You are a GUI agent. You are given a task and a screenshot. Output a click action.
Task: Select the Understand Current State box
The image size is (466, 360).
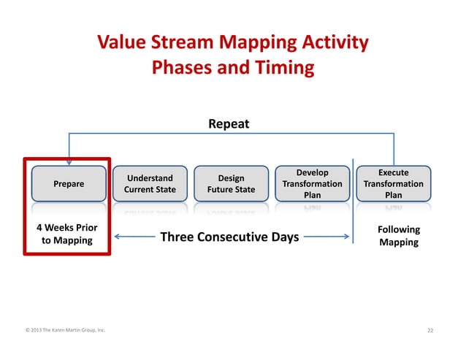coord(150,184)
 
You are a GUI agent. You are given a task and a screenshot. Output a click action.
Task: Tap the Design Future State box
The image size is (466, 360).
coord(232,184)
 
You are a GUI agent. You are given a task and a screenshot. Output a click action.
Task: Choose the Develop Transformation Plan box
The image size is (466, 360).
coord(313,184)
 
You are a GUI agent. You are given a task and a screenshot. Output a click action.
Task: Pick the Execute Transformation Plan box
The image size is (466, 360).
coord(394,184)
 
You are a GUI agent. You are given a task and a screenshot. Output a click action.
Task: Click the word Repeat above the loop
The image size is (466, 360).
coord(229,124)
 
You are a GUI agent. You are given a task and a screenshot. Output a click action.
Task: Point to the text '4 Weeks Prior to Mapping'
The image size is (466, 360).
coord(67,234)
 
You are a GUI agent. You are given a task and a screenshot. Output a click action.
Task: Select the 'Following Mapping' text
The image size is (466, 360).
coord(398,236)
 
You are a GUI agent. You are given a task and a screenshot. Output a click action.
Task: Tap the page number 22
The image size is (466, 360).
coord(430,331)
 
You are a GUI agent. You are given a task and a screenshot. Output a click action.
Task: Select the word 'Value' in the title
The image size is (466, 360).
coord(121,43)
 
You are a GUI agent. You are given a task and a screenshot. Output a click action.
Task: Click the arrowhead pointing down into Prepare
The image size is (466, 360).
coord(69,162)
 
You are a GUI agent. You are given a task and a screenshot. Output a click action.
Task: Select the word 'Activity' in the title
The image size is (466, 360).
coord(335,43)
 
